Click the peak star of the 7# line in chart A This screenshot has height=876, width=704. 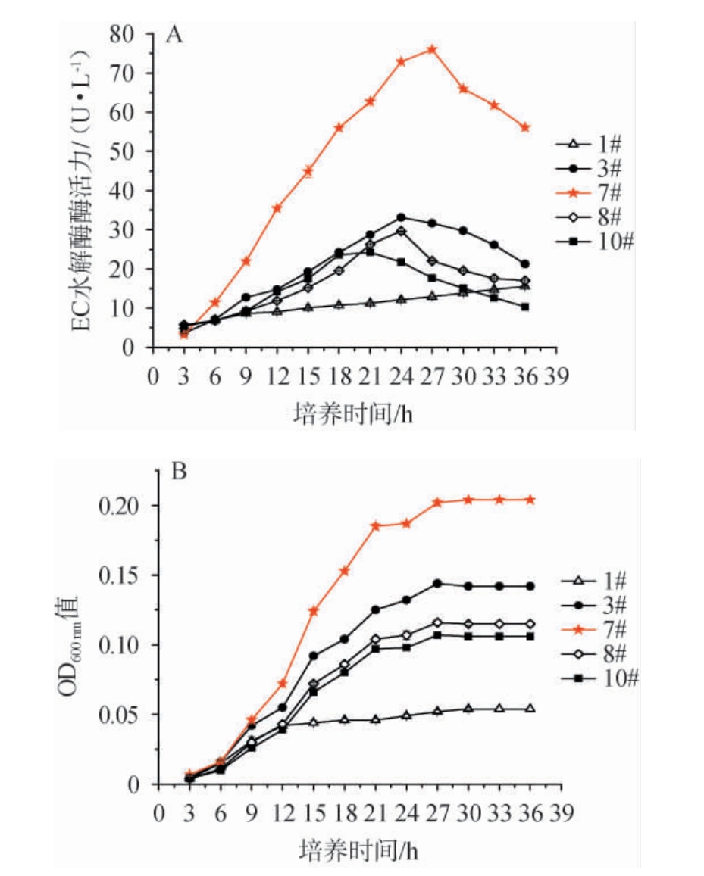tap(432, 49)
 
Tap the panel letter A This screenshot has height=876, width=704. tap(174, 36)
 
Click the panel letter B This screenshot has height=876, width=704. tap(179, 473)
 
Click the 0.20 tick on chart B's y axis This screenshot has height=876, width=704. tap(123, 505)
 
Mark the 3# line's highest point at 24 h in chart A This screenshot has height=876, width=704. tap(401, 217)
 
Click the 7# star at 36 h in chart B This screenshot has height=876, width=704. tap(530, 500)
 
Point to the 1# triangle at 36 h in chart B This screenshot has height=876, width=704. tap(530, 709)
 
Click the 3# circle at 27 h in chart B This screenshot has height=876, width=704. tap(437, 583)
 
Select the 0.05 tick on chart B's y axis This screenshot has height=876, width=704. tap(123, 714)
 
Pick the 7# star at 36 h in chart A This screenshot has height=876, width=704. tap(524, 127)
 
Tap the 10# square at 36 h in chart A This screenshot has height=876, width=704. tap(524, 307)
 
